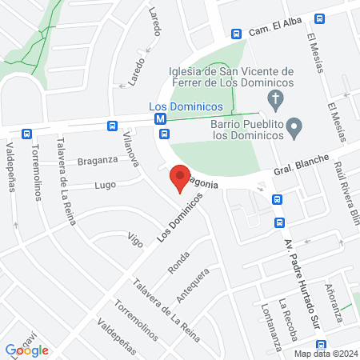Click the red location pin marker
(x=179, y=178)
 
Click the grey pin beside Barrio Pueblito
(x=294, y=126)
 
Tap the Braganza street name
(x=98, y=159)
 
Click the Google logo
(x=27, y=350)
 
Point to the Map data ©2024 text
(x=325, y=354)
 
